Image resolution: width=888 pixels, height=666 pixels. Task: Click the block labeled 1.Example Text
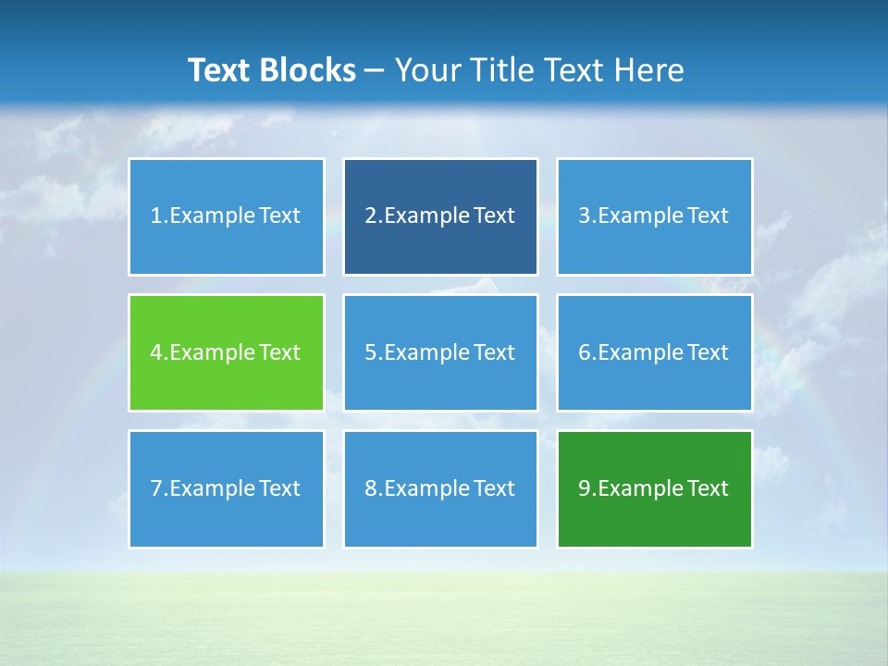coord(226,216)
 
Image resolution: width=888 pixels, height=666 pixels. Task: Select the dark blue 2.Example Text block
coord(440,216)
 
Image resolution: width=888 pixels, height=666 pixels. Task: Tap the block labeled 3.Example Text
coord(654,216)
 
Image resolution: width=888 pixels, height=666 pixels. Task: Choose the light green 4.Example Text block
coord(226,352)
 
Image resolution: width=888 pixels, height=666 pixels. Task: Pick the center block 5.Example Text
coord(440,352)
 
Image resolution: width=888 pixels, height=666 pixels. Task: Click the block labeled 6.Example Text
coord(654,352)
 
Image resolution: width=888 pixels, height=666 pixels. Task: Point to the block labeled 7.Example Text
coord(226,488)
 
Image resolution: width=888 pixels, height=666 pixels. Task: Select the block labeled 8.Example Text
coord(440,488)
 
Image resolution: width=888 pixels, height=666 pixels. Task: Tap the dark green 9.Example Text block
coord(654,488)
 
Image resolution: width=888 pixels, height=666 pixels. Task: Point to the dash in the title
coord(375,71)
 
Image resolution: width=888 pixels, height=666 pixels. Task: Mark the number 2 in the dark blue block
coord(370,216)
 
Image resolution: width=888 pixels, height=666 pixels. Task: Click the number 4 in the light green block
coord(156,352)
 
